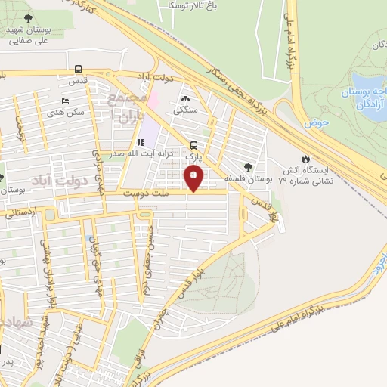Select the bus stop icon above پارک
(194, 145)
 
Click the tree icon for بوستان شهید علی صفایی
(28, 17)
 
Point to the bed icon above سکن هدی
(65, 101)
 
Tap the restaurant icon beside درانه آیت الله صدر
(141, 141)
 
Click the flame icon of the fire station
(305, 159)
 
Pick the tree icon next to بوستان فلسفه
(249, 167)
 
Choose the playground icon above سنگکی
(186, 98)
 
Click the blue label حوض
(317, 122)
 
